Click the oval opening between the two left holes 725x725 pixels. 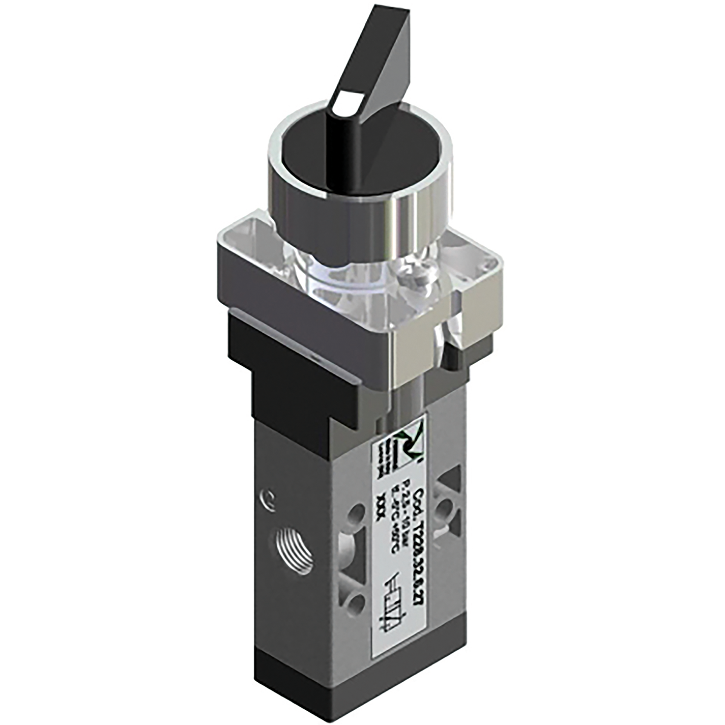(x=356, y=560)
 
